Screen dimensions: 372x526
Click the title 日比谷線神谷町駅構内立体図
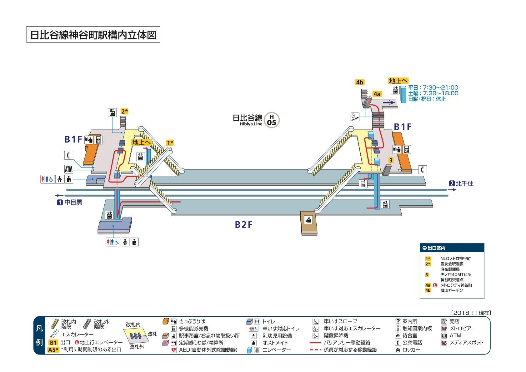pos(93,35)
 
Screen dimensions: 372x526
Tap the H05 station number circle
pos(272,120)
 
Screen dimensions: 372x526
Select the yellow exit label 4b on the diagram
pos(360,82)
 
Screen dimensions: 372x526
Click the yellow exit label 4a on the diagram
pos(377,94)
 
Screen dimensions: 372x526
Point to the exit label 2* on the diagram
pos(125,111)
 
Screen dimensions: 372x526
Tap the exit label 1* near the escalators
pos(170,143)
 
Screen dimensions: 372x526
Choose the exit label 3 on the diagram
pos(391,160)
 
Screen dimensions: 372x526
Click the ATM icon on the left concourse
pos(69,169)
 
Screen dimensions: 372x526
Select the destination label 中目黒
pos(73,202)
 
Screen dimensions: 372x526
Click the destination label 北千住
pos(464,183)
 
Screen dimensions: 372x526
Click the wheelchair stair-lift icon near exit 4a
pos(354,117)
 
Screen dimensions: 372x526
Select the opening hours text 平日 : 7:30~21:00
pos(433,88)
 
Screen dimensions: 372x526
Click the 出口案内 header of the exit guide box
pos(436,248)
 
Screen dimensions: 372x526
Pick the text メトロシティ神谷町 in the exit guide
pos(456,285)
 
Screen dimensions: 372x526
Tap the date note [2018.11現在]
pos(471,312)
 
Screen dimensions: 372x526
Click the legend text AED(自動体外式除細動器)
pos(208,350)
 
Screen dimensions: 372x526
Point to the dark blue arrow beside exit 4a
pos(389,102)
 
